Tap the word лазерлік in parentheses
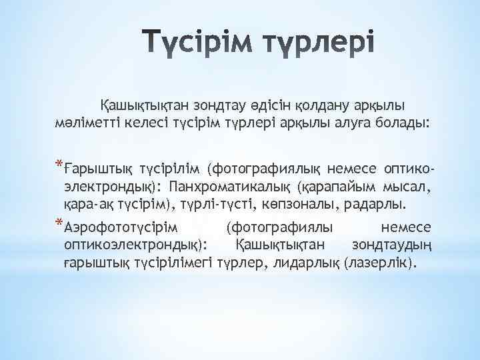coord(380,263)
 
